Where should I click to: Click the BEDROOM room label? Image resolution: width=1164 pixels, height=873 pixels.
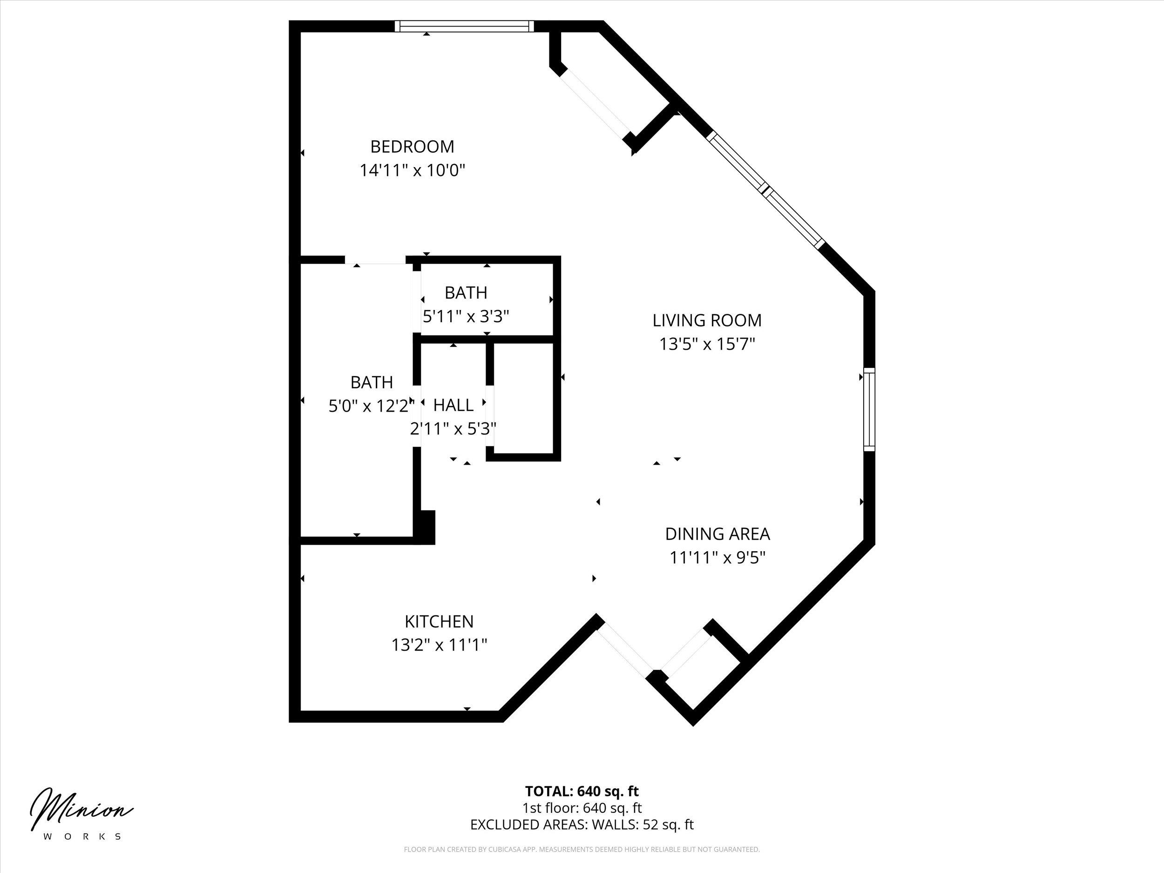[412, 146]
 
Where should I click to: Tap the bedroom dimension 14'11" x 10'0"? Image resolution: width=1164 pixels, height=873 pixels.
[412, 170]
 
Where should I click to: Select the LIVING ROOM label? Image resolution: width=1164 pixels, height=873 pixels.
[707, 320]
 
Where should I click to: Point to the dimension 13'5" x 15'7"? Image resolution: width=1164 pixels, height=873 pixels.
[707, 344]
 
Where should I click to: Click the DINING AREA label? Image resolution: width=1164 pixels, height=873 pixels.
[717, 534]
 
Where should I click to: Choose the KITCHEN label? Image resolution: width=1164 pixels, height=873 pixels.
[439, 622]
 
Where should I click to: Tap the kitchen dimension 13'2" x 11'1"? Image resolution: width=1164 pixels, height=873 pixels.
[439, 645]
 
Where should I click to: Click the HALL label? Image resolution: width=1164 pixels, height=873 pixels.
[453, 405]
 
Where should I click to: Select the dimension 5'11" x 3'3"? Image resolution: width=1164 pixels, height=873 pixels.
[466, 317]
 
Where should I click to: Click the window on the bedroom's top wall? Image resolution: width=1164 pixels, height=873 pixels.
[464, 27]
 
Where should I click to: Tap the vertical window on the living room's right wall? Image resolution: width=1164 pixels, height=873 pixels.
[869, 409]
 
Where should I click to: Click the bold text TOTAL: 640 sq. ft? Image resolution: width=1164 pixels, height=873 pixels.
[582, 805]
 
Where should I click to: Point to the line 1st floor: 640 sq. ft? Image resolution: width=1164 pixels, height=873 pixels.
[582, 823]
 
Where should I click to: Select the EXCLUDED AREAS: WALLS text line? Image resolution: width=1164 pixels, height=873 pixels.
[582, 839]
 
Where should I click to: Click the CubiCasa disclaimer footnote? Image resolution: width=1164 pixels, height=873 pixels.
[582, 864]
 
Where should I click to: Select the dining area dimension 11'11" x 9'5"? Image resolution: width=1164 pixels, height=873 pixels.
[717, 558]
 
